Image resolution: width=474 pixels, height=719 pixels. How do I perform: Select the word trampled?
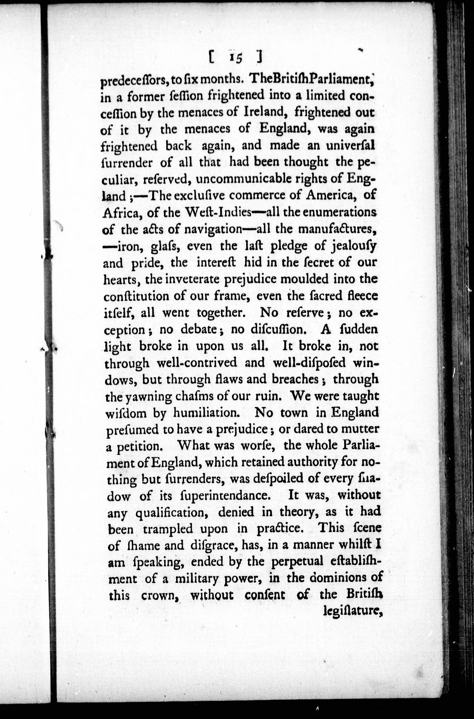coord(167,529)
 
